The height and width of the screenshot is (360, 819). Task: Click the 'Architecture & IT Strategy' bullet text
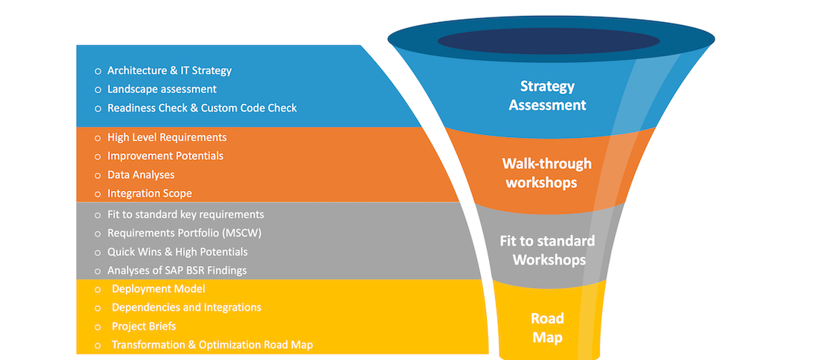coord(169,70)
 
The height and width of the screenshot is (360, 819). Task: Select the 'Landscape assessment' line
coord(162,89)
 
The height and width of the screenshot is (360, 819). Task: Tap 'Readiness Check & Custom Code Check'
coord(202,108)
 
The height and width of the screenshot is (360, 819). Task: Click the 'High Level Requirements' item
coord(167,137)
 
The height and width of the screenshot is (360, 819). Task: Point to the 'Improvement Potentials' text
coord(165,155)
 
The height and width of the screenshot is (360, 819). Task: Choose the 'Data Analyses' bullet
coord(141,174)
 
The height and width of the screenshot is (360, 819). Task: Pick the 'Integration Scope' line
coord(149,193)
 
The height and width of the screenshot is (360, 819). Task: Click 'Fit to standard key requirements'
coord(185,214)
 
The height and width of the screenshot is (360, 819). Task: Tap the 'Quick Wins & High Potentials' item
coord(177,252)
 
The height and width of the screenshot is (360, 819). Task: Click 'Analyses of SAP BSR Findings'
coord(177,270)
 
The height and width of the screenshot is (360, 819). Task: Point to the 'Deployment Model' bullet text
coord(158,289)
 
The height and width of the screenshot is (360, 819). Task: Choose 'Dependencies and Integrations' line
coord(187,307)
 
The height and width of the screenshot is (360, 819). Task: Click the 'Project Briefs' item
coord(144,326)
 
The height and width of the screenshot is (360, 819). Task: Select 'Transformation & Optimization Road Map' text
coord(212,345)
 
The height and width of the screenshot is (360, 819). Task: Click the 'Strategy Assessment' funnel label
coord(548,96)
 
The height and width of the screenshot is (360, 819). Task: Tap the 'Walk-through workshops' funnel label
coord(547,173)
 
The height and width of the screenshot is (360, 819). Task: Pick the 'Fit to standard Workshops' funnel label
coord(548,250)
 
